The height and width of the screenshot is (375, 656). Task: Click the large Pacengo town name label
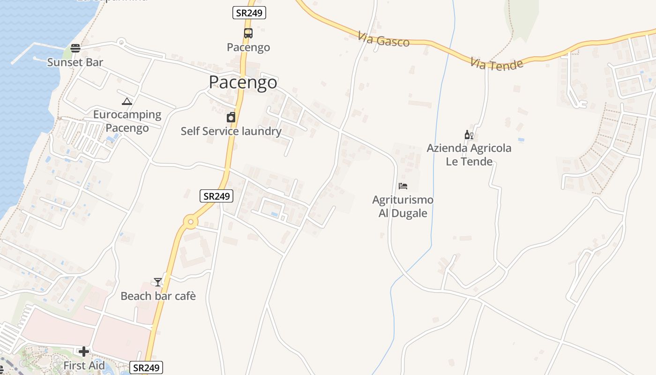243,82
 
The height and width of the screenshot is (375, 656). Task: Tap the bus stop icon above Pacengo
248,33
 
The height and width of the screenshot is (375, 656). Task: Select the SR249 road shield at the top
249,13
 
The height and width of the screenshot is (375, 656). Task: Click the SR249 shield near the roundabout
216,196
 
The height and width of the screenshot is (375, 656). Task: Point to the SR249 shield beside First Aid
146,368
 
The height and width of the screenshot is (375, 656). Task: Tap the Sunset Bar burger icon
75,48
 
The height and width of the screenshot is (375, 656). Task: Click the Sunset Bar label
75,62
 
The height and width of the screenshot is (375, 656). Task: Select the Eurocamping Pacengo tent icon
127,101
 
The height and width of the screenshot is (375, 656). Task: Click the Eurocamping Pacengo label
127,121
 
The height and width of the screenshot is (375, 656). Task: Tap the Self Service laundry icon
231,117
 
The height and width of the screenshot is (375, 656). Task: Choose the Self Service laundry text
231,131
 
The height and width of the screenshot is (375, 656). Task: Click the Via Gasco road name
383,40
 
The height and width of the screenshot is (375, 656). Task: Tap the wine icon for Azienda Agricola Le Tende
469,135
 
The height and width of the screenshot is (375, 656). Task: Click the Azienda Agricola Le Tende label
469,155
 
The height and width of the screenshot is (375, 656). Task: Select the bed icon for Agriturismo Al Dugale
403,186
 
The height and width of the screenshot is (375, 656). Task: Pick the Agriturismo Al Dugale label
403,207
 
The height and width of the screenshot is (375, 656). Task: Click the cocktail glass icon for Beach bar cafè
158,282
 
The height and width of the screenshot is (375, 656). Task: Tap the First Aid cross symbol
84,352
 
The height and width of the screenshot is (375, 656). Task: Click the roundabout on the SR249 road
190,222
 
